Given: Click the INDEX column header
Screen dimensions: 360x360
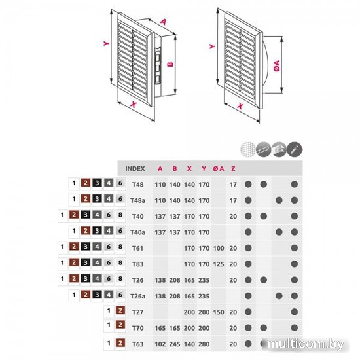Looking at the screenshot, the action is [x=135, y=168].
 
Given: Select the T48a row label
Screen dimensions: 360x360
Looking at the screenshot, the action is [x=137, y=200].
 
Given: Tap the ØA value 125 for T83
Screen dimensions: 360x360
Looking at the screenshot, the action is [x=219, y=264].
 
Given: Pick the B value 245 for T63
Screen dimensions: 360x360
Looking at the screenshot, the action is [x=175, y=344].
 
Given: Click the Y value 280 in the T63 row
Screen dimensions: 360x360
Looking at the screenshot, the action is [x=204, y=344].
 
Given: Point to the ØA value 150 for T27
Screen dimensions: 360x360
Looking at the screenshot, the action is [x=219, y=312].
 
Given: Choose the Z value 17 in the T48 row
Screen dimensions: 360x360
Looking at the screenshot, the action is [x=233, y=185].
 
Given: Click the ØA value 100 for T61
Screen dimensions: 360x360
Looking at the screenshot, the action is [x=219, y=248].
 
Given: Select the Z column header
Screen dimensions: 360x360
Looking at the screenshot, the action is [x=233, y=168].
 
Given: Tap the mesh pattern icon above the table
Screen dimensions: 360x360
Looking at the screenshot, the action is [x=248, y=149].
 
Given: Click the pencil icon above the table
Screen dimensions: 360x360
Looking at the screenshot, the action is [x=295, y=149].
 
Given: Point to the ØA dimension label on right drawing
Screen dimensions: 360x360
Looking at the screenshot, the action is [x=277, y=65].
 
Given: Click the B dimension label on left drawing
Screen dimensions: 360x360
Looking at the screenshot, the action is [x=170, y=64].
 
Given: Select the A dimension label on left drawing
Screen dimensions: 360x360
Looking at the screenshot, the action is [x=163, y=22].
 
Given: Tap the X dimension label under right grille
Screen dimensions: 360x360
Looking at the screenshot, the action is [x=240, y=106].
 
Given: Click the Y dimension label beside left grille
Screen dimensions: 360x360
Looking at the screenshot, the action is [x=106, y=43].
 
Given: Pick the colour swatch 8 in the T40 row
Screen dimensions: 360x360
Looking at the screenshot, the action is [x=120, y=215].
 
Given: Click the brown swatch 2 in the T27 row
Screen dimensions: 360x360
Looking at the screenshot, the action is [x=120, y=311].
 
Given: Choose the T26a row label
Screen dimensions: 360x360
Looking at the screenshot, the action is [x=137, y=296].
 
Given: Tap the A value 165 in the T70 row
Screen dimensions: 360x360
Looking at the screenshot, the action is [x=160, y=328].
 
